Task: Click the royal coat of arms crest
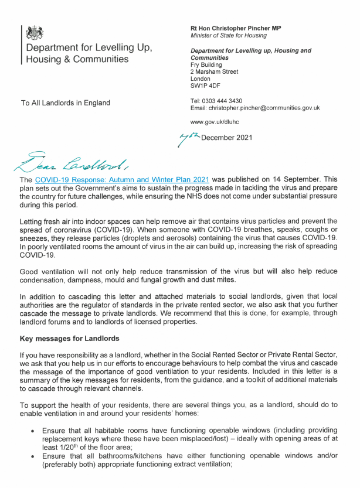pos(36,33)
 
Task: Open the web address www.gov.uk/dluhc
pos(215,122)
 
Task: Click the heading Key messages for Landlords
pos(69,339)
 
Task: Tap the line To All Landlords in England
pos(65,103)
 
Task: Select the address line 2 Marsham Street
pos(214,71)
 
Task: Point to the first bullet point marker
pos(32,430)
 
